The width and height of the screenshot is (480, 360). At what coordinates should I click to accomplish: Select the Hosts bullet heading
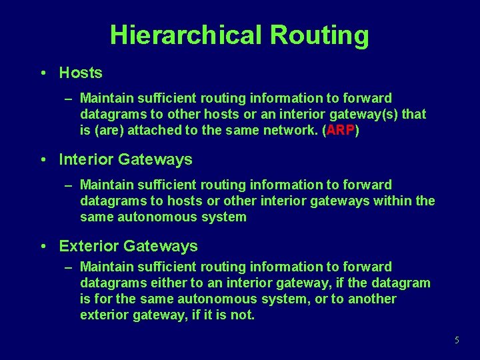pyautogui.click(x=81, y=73)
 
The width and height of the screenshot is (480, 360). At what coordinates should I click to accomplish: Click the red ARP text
pyautogui.click(x=340, y=131)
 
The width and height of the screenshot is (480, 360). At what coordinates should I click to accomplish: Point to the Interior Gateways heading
pyautogui.click(x=125, y=159)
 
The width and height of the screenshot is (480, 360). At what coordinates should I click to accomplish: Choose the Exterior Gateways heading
pyautogui.click(x=128, y=246)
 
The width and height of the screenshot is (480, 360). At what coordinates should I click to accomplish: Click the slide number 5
pyautogui.click(x=457, y=340)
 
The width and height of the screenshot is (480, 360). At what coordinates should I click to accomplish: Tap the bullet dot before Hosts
pyautogui.click(x=43, y=73)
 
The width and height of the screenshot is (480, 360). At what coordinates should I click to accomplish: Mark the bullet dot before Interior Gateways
pyautogui.click(x=43, y=159)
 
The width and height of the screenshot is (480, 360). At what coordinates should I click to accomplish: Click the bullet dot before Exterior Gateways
pyautogui.click(x=43, y=246)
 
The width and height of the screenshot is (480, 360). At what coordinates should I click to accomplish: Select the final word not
pyautogui.click(x=242, y=315)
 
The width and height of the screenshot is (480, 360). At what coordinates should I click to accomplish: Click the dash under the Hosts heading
pyautogui.click(x=69, y=99)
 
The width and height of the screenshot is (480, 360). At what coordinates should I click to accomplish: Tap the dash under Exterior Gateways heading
pyautogui.click(x=69, y=267)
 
